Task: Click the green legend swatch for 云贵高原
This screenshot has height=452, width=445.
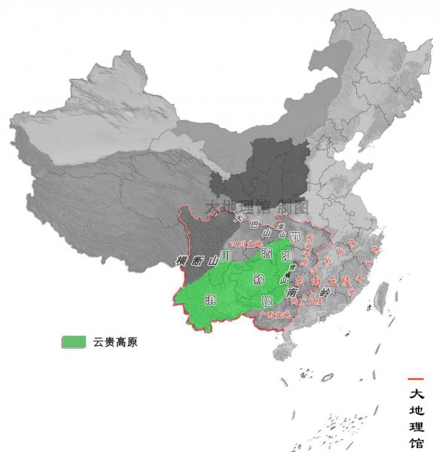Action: [74, 342]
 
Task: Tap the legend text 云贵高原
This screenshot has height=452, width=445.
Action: [115, 342]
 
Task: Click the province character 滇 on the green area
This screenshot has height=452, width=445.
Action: [210, 301]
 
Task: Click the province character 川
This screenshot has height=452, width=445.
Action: [225, 256]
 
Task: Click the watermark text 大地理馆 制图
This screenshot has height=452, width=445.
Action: [246, 205]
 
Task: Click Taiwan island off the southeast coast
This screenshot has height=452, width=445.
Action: [382, 296]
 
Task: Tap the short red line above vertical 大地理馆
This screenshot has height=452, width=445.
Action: [416, 378]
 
